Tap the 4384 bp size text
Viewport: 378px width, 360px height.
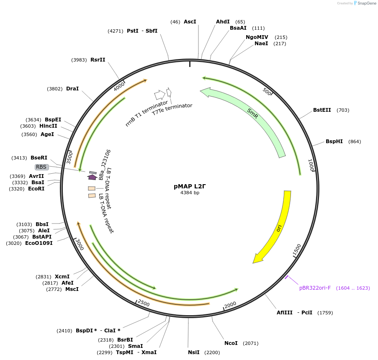[x=190, y=193]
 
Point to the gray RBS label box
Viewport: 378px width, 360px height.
[x=41, y=167]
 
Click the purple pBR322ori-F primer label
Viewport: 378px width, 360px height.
[x=315, y=288]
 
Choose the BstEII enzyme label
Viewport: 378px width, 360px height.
[x=322, y=110]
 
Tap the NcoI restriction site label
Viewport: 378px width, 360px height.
[x=231, y=343]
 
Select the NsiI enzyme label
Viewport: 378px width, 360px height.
[x=193, y=352]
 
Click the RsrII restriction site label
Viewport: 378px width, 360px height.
[x=98, y=59]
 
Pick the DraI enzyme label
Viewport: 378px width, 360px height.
[x=72, y=89]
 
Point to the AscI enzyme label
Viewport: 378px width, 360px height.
[x=190, y=21]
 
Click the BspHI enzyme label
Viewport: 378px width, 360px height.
[x=334, y=141]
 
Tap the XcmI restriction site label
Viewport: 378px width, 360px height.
[x=62, y=277]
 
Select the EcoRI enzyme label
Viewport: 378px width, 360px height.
[x=36, y=189]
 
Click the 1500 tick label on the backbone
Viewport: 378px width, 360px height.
[x=297, y=250]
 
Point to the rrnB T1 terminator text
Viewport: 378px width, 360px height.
[x=147, y=113]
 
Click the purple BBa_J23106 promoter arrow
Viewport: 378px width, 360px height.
[x=92, y=177]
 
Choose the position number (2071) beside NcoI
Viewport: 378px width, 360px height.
[x=250, y=343]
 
